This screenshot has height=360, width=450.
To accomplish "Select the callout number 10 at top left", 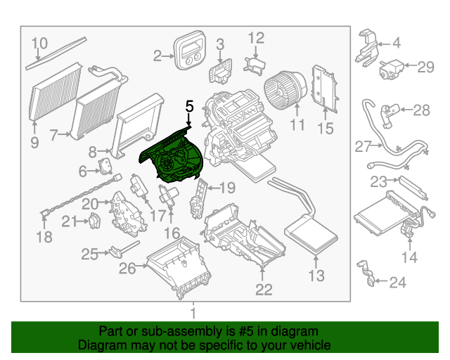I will [x=39, y=43].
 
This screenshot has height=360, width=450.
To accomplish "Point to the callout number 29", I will [x=426, y=67].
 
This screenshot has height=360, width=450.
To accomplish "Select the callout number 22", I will [x=263, y=289].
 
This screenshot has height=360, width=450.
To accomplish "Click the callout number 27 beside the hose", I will [x=362, y=147].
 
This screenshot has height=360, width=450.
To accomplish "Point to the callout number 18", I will [x=44, y=238].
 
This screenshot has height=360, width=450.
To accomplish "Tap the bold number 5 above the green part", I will [x=188, y=106].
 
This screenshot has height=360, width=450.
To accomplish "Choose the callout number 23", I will [x=378, y=182].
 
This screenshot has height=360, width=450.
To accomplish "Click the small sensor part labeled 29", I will [x=391, y=68].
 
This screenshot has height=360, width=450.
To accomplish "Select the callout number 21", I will [x=67, y=221].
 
